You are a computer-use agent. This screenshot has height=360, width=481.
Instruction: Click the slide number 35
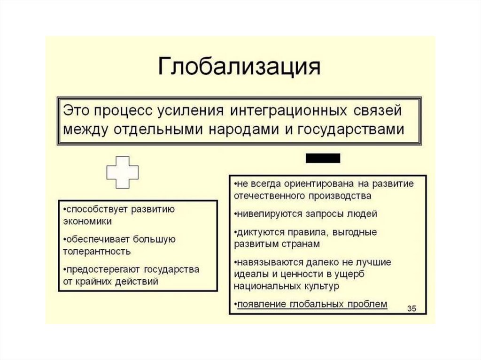pos(412,308)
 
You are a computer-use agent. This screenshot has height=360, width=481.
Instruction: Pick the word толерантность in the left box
pos(96,251)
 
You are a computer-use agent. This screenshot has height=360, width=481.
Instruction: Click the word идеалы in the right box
pos(249,274)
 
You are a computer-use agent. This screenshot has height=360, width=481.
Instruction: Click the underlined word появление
pos(261,304)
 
